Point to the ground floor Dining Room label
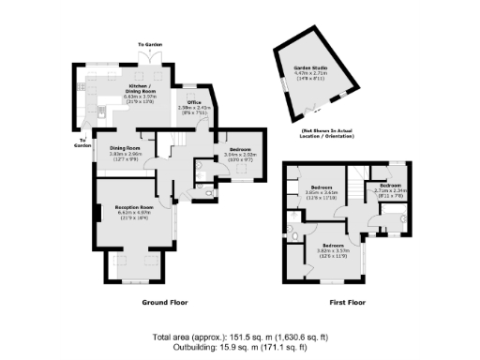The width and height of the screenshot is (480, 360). pyautogui.click(x=126, y=148)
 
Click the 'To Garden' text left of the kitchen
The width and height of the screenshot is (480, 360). pyautogui.click(x=83, y=143)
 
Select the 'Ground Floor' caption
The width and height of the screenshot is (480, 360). pyautogui.click(x=165, y=302)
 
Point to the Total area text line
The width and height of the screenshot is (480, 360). pyautogui.click(x=241, y=336)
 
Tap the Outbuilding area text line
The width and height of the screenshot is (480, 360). pyautogui.click(x=241, y=347)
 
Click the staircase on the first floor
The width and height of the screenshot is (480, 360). pyautogui.click(x=357, y=178)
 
